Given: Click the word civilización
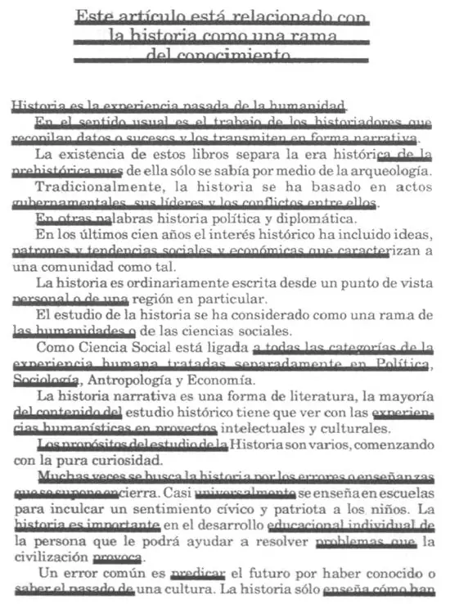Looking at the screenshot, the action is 49,557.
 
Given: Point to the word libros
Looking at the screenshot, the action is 192,154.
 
